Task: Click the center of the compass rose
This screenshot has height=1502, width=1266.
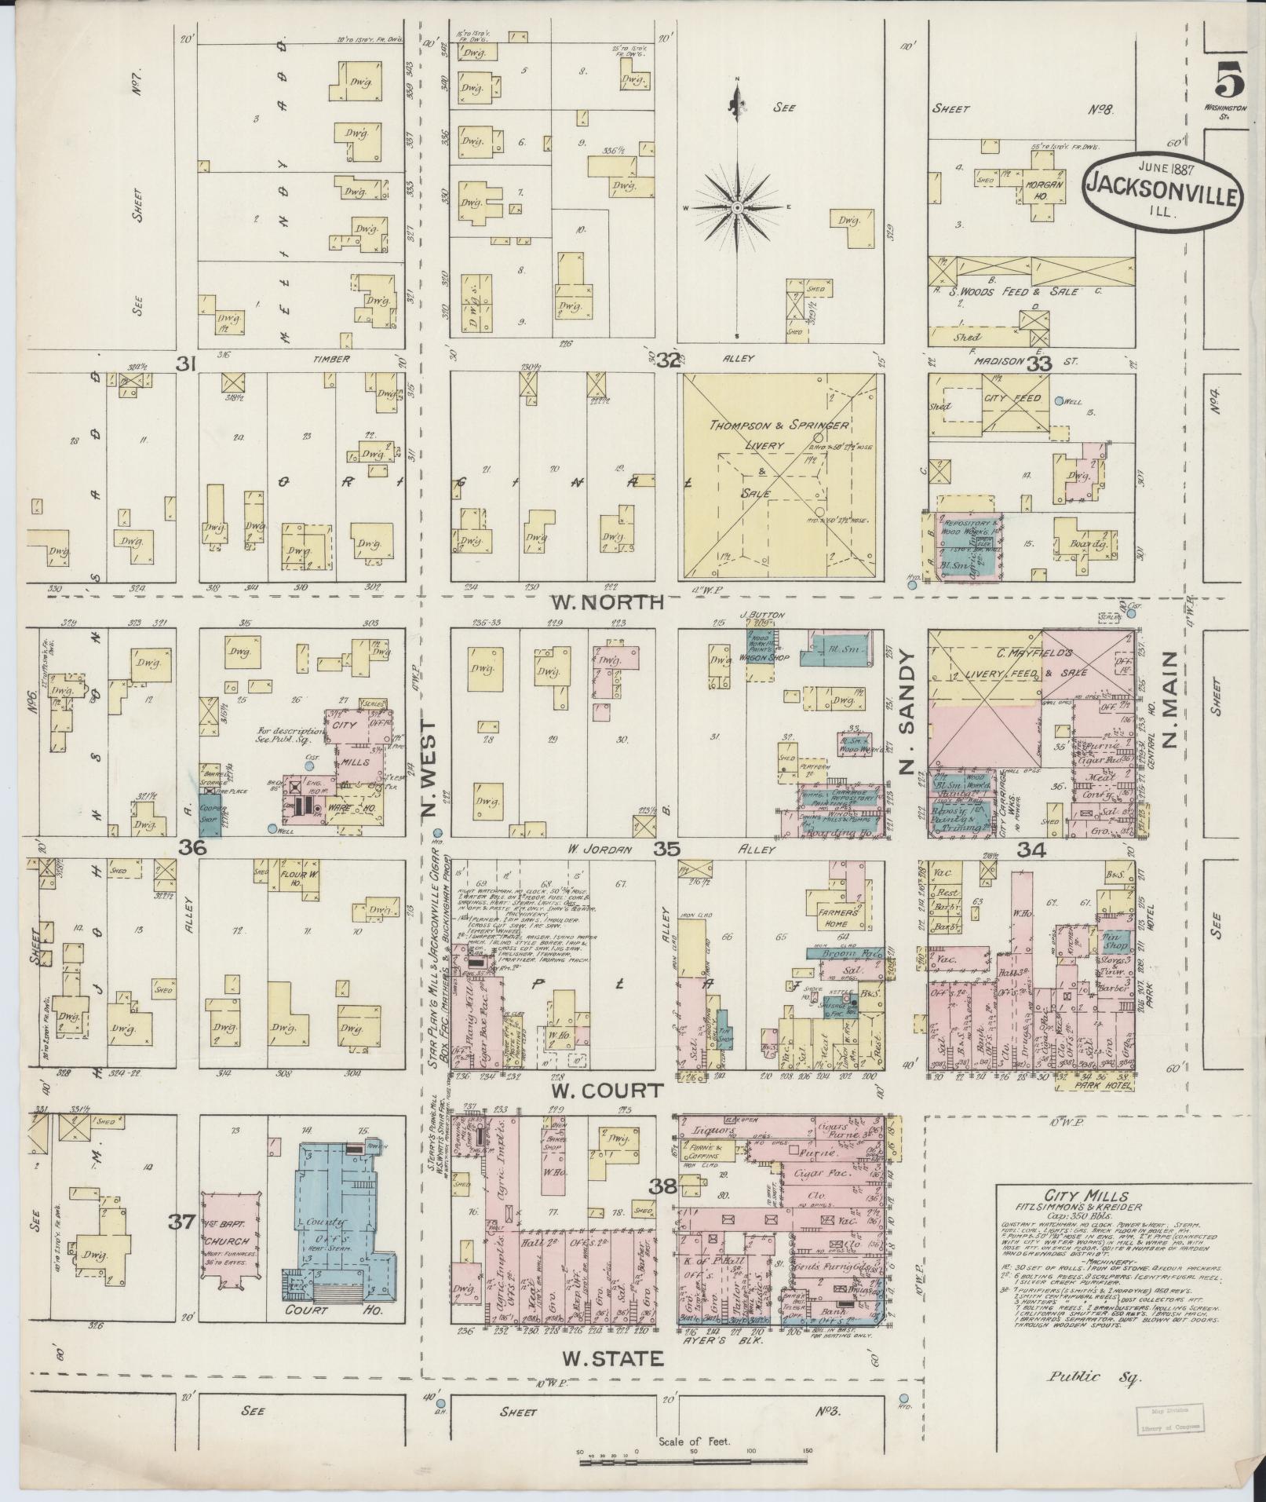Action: tap(737, 207)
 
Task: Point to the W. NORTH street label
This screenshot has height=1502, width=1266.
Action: tap(607, 603)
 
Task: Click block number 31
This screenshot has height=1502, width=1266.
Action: tap(185, 363)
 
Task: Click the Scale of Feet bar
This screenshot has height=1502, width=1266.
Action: tap(691, 1461)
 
